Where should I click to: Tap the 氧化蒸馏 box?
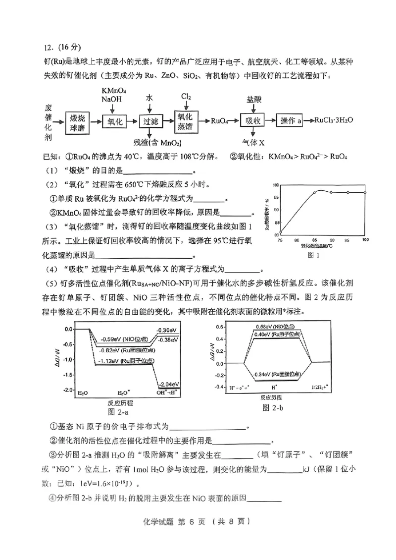pos(188,120)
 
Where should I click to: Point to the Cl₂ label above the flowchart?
pos(186,96)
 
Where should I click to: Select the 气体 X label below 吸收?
pos(253,142)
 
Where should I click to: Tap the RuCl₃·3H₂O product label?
pos(334,121)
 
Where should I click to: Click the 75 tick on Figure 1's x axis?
pos(281,240)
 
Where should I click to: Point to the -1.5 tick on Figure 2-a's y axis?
pos(68,375)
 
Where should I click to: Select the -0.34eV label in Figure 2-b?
pos(276,374)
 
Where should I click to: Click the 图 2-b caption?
pos(273,407)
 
